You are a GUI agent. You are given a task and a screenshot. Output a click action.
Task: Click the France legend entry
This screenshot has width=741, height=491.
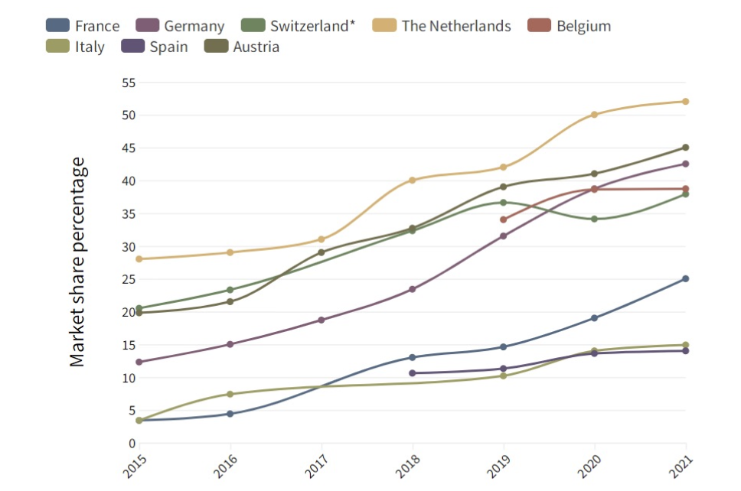(x=83, y=26)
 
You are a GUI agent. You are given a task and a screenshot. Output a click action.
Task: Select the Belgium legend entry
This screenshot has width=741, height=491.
(x=570, y=26)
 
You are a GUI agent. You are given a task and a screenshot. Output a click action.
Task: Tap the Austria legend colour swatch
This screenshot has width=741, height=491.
(x=215, y=47)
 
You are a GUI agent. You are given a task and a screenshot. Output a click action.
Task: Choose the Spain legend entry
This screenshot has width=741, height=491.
(x=155, y=47)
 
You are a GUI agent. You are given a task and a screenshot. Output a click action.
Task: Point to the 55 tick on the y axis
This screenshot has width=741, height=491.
(x=128, y=83)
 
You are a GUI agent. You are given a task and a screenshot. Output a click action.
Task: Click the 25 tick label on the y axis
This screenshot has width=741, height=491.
(x=128, y=279)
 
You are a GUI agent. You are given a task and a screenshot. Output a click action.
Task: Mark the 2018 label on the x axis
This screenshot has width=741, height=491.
(x=407, y=464)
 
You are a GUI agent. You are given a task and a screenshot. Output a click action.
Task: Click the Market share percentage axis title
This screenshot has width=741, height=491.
(x=78, y=262)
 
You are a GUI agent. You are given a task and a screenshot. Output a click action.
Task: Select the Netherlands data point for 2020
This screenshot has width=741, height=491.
(x=594, y=115)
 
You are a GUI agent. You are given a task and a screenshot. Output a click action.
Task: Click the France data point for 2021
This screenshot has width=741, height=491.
(x=686, y=278)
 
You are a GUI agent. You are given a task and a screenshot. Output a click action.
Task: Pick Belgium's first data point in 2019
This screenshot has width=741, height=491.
(x=503, y=219)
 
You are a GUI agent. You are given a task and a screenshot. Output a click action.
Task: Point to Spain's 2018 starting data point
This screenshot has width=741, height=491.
(x=412, y=373)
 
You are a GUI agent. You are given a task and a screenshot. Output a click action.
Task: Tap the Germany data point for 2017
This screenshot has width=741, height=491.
(x=321, y=320)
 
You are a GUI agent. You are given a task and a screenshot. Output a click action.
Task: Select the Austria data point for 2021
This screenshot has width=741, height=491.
(x=686, y=148)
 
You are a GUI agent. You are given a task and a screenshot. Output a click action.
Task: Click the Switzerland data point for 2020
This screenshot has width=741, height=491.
(x=594, y=219)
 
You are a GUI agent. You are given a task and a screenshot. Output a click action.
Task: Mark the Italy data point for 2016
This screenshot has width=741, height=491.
(x=230, y=394)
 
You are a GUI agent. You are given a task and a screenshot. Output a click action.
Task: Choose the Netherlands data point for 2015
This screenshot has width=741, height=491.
(x=139, y=259)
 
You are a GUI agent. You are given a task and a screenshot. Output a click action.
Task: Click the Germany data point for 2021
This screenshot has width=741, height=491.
(x=686, y=164)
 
